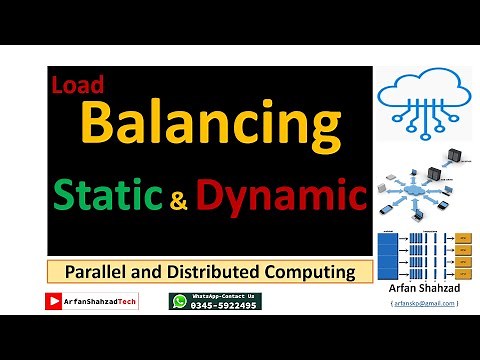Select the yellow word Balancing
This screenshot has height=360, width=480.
coord(208,124)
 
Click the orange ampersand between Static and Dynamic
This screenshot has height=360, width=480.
coord(179,202)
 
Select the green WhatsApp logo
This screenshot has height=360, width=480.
coord(179,301)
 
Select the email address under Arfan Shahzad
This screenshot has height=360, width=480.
coord(425,303)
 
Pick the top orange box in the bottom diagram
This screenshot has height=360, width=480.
coord(461,238)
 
